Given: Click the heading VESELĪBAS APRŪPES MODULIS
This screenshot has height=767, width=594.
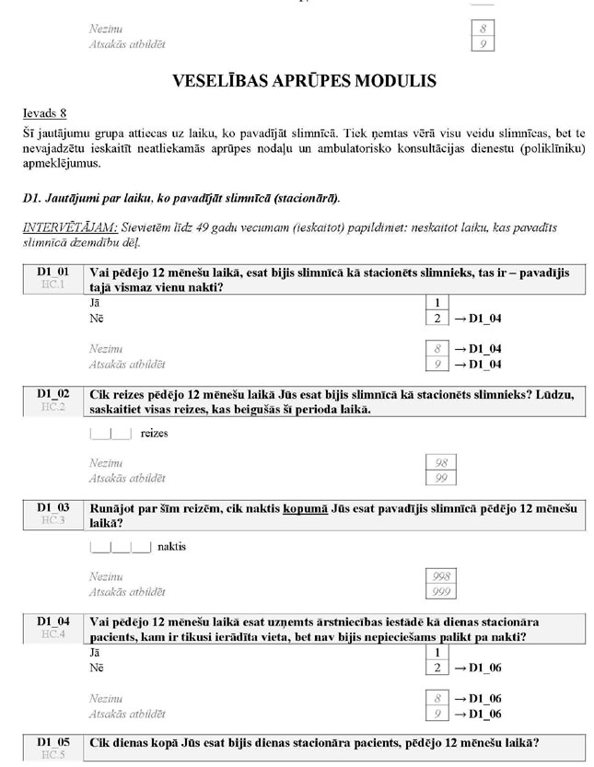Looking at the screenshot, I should (x=304, y=81).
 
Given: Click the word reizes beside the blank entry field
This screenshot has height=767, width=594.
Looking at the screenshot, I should (x=154, y=433).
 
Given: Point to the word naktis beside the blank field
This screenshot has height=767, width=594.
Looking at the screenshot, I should (x=172, y=546).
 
